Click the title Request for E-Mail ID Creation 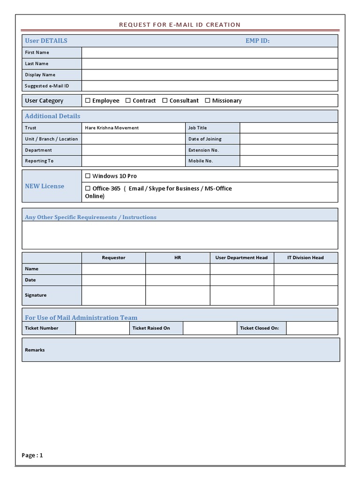(180, 24)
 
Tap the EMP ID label (257, 41)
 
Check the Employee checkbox (88, 100)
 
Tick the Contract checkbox (128, 100)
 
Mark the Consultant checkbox (165, 100)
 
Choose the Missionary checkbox (208, 100)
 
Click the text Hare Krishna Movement (112, 127)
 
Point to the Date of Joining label (205, 139)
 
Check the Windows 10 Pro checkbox (88, 176)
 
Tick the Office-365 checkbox (88, 188)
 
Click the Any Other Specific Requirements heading (90, 217)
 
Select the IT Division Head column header (306, 257)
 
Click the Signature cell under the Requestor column (113, 295)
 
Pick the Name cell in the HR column (178, 269)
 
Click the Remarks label (35, 350)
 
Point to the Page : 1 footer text (32, 455)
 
